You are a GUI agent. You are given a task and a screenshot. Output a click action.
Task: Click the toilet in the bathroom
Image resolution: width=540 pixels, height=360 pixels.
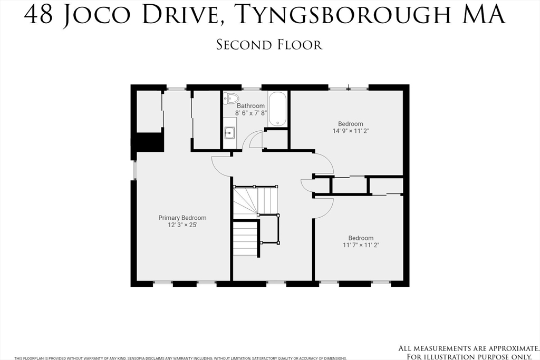click(x=231, y=99)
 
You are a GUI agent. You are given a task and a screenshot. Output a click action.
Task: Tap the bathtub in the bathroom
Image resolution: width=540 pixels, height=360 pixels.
click(x=277, y=110)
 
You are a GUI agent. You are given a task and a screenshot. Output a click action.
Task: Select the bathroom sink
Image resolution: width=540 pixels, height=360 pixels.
click(x=229, y=132)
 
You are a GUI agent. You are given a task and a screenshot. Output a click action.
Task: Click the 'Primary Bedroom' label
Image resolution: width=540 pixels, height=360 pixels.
click(x=182, y=218)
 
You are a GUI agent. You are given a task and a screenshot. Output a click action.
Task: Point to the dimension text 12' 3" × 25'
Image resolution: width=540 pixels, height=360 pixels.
click(x=182, y=225)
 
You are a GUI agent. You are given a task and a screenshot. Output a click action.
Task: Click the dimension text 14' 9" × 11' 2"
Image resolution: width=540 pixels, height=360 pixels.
click(x=351, y=131)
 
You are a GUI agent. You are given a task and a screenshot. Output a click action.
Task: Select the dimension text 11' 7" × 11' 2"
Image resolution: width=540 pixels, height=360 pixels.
click(x=361, y=245)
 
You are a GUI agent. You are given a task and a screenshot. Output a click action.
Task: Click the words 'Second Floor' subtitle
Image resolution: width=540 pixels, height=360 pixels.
click(x=269, y=45)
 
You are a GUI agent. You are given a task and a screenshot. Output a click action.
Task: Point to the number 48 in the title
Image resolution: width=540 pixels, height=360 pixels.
click(x=40, y=16)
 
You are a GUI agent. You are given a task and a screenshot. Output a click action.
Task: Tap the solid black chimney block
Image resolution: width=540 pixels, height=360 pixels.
click(x=147, y=142)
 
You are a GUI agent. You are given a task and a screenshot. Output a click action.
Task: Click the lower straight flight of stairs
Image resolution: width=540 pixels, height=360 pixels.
click(x=245, y=238)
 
